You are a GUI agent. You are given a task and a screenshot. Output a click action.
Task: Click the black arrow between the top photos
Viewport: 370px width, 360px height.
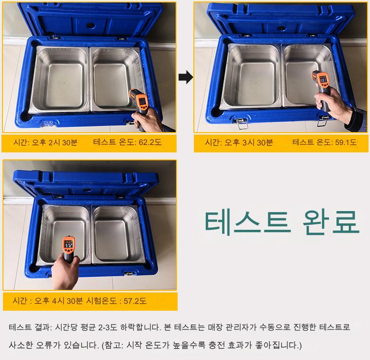pyautogui.click(x=185, y=77)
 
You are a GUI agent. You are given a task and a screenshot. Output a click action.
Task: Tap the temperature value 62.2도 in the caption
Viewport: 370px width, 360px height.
pyautogui.click(x=150, y=142)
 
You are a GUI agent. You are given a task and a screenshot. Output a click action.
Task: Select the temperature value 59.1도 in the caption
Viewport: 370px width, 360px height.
pyautogui.click(x=346, y=142)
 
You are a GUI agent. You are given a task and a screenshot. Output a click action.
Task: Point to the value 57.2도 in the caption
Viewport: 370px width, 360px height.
pyautogui.click(x=135, y=301)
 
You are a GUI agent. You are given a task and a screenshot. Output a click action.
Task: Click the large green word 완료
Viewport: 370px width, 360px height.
pyautogui.click(x=331, y=222)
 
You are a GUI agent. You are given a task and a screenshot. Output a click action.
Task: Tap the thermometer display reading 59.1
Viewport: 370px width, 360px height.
pyautogui.click(x=323, y=80)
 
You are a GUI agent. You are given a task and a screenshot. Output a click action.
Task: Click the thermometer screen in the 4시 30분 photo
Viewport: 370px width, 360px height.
pyautogui.click(x=69, y=245)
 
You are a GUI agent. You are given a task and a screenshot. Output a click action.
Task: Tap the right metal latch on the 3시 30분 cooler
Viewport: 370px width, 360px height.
pyautogui.click(x=323, y=121)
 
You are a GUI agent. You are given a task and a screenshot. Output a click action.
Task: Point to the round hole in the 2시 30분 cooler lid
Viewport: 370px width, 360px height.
pyautogui.click(x=90, y=25)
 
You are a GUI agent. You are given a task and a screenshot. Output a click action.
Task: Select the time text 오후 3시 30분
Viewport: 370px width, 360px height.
pyautogui.click(x=249, y=142)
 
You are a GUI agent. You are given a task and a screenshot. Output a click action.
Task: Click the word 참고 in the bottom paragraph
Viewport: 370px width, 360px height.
pyautogui.click(x=112, y=345)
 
